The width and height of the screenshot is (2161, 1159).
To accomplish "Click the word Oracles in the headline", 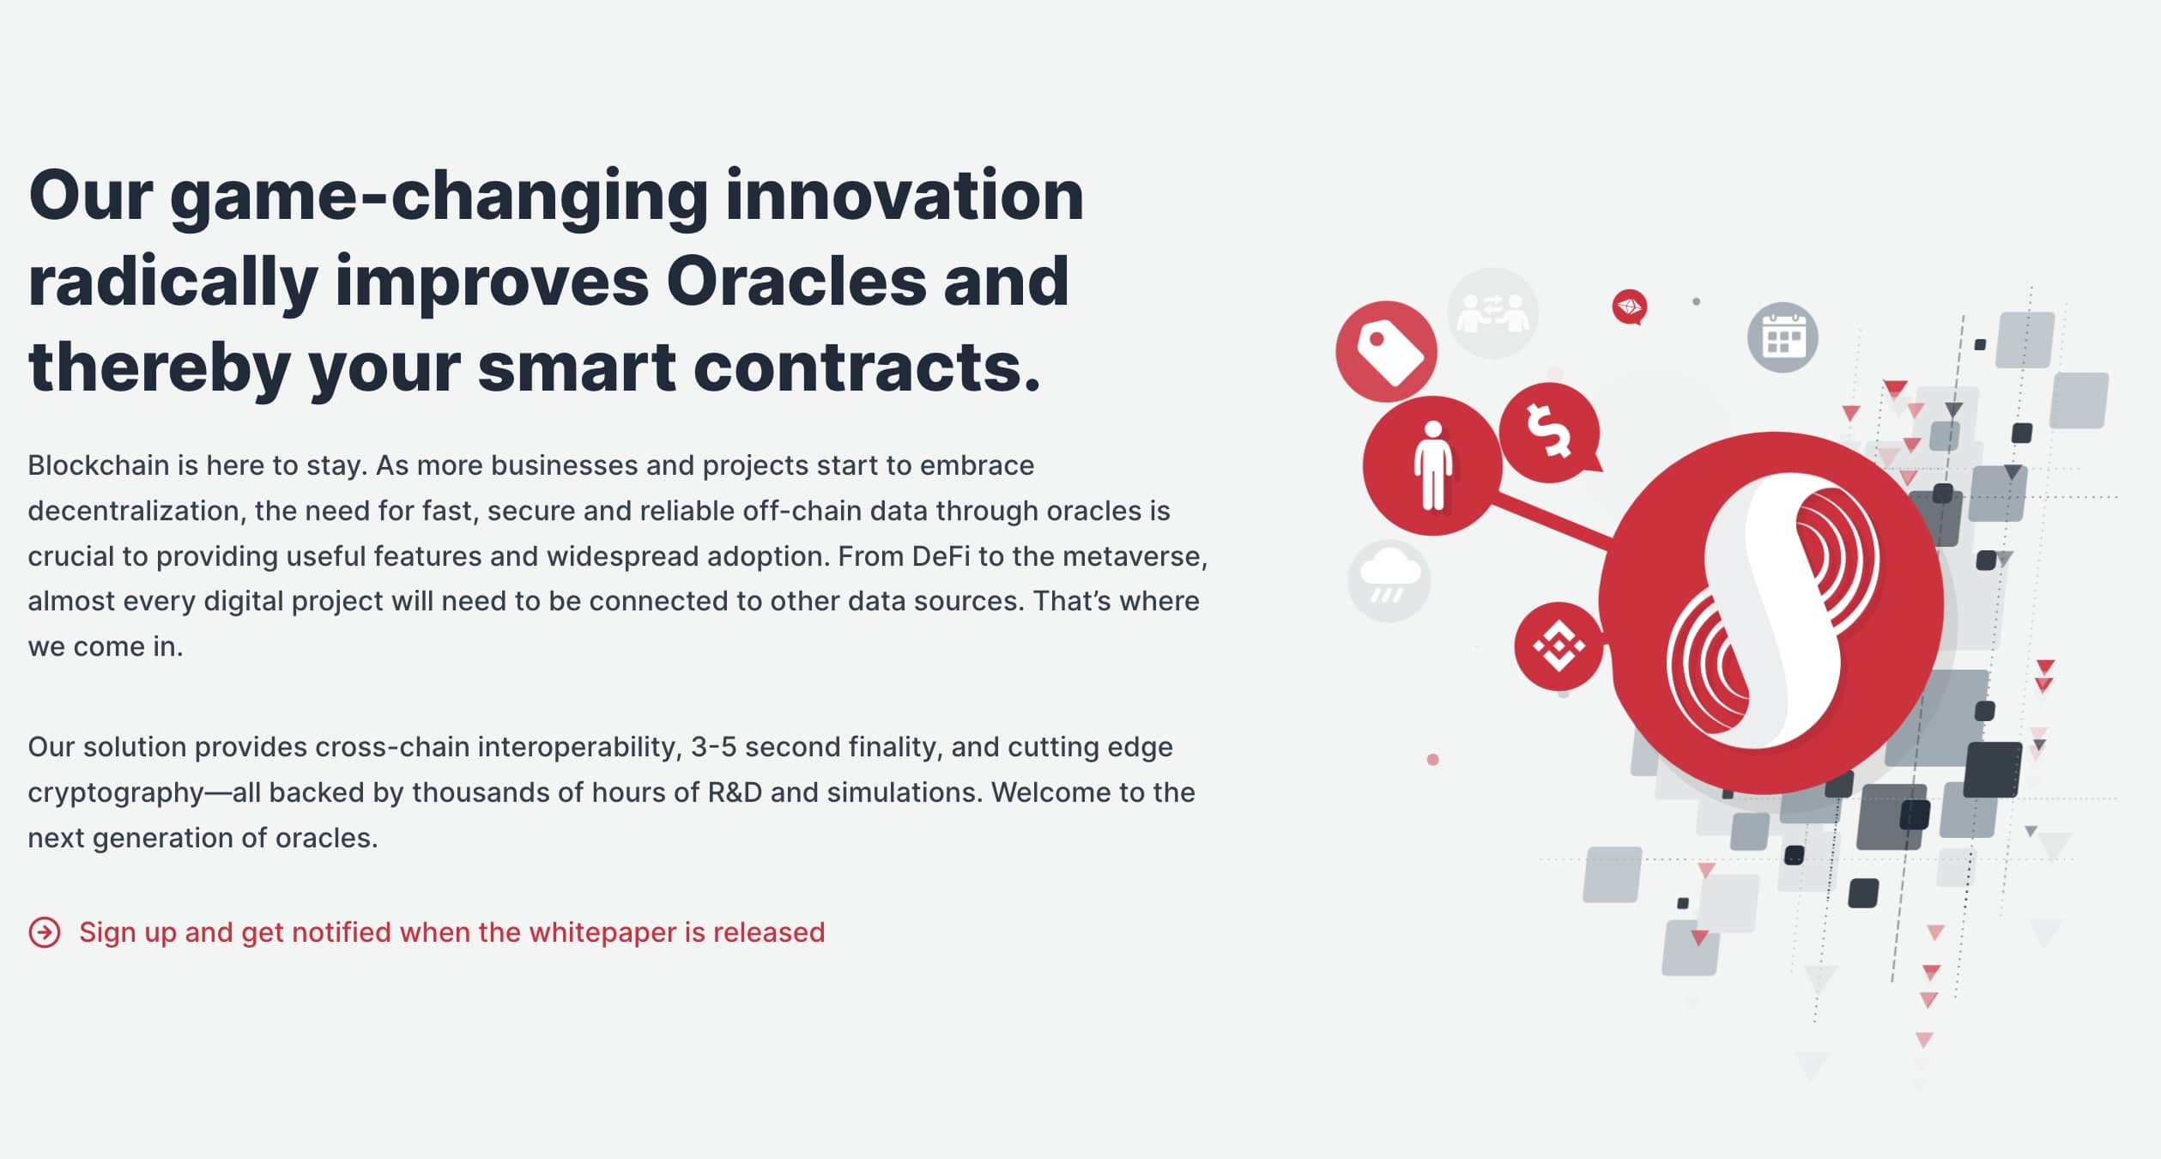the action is point(796,281).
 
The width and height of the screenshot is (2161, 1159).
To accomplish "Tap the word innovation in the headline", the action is point(905,195).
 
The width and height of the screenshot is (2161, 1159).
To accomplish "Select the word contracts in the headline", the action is point(866,367).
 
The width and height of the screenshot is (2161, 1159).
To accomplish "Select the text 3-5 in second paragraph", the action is point(714,747).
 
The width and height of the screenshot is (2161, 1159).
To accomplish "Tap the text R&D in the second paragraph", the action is point(735,792).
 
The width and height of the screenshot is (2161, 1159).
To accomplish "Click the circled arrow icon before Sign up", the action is point(45,932).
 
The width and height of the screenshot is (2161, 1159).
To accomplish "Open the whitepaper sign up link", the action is point(451,932).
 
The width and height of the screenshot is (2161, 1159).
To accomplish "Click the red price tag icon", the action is point(1386,351).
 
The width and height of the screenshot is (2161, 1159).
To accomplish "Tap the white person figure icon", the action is point(1432,466).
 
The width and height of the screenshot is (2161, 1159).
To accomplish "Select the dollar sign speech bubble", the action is point(1550,432).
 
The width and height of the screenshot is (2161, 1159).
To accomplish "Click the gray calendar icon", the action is point(1783,337).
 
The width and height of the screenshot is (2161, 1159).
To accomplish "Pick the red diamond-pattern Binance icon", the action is point(1559,646).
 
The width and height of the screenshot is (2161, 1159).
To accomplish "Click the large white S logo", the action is point(1773,611).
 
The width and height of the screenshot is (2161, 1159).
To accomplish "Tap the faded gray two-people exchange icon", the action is point(1493,313).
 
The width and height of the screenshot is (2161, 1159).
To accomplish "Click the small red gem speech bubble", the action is point(1629,306).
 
